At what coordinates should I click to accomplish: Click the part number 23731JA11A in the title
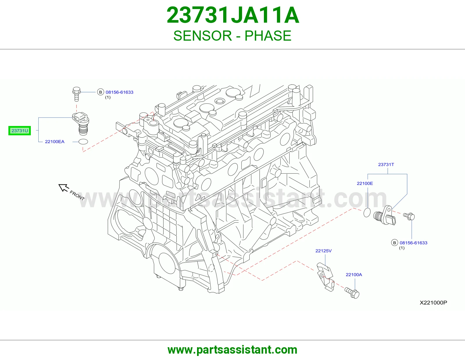pos(233,15)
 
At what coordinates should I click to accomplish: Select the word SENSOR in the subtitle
pos(203,36)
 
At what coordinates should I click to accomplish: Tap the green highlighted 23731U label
pos(19,131)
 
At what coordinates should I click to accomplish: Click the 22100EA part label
pos(55,141)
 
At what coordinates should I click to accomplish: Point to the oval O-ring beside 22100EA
pos(83,141)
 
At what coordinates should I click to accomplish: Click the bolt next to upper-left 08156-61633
pos(76,94)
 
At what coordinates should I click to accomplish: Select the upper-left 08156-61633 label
pos(119,92)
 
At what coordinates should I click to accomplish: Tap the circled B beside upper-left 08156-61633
pos(100,92)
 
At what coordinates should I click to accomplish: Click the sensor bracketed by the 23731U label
pos(81,124)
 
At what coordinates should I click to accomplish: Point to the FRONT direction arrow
pos(64,188)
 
